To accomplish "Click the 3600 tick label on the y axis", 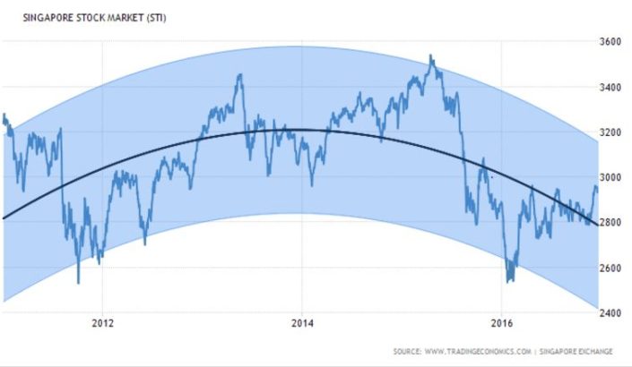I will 611,42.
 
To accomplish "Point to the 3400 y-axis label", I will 611,88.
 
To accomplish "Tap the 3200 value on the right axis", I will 611,132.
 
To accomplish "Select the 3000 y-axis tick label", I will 611,178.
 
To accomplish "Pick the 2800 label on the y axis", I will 611,223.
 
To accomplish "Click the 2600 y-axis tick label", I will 611,269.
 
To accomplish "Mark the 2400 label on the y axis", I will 611,313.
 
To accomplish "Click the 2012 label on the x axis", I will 103,323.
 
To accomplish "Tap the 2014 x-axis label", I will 303,323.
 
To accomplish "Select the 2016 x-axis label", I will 503,323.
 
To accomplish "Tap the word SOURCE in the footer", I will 409,350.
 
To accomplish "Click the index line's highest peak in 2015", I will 431,55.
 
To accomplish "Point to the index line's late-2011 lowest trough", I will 78,283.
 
